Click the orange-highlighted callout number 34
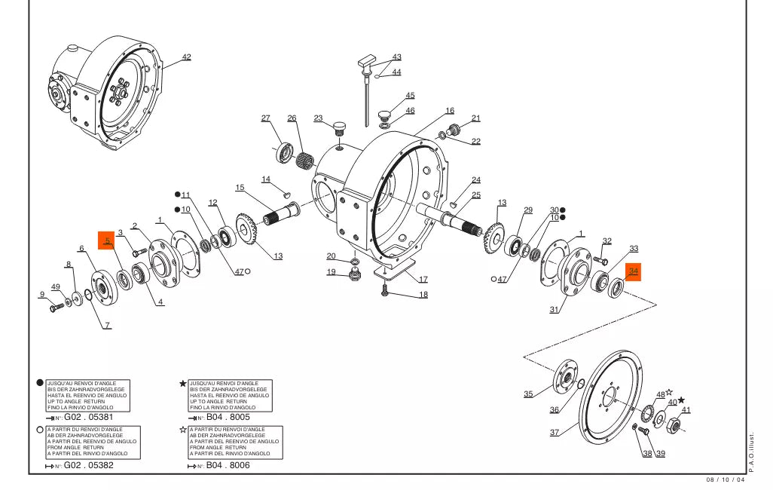[x=633, y=271]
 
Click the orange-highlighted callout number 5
[x=108, y=241]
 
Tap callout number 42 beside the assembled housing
[x=186, y=57]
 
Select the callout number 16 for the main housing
[x=449, y=111]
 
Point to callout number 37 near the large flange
[x=555, y=433]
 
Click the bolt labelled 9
[x=56, y=308]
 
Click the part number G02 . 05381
[x=89, y=417]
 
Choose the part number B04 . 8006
[x=228, y=465]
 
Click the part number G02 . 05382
[x=89, y=465]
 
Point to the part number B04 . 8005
[x=228, y=417]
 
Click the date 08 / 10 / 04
[x=725, y=480]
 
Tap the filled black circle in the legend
[x=41, y=383]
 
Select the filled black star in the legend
[x=182, y=383]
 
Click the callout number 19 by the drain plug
[x=331, y=272]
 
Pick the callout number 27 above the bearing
[x=265, y=118]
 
